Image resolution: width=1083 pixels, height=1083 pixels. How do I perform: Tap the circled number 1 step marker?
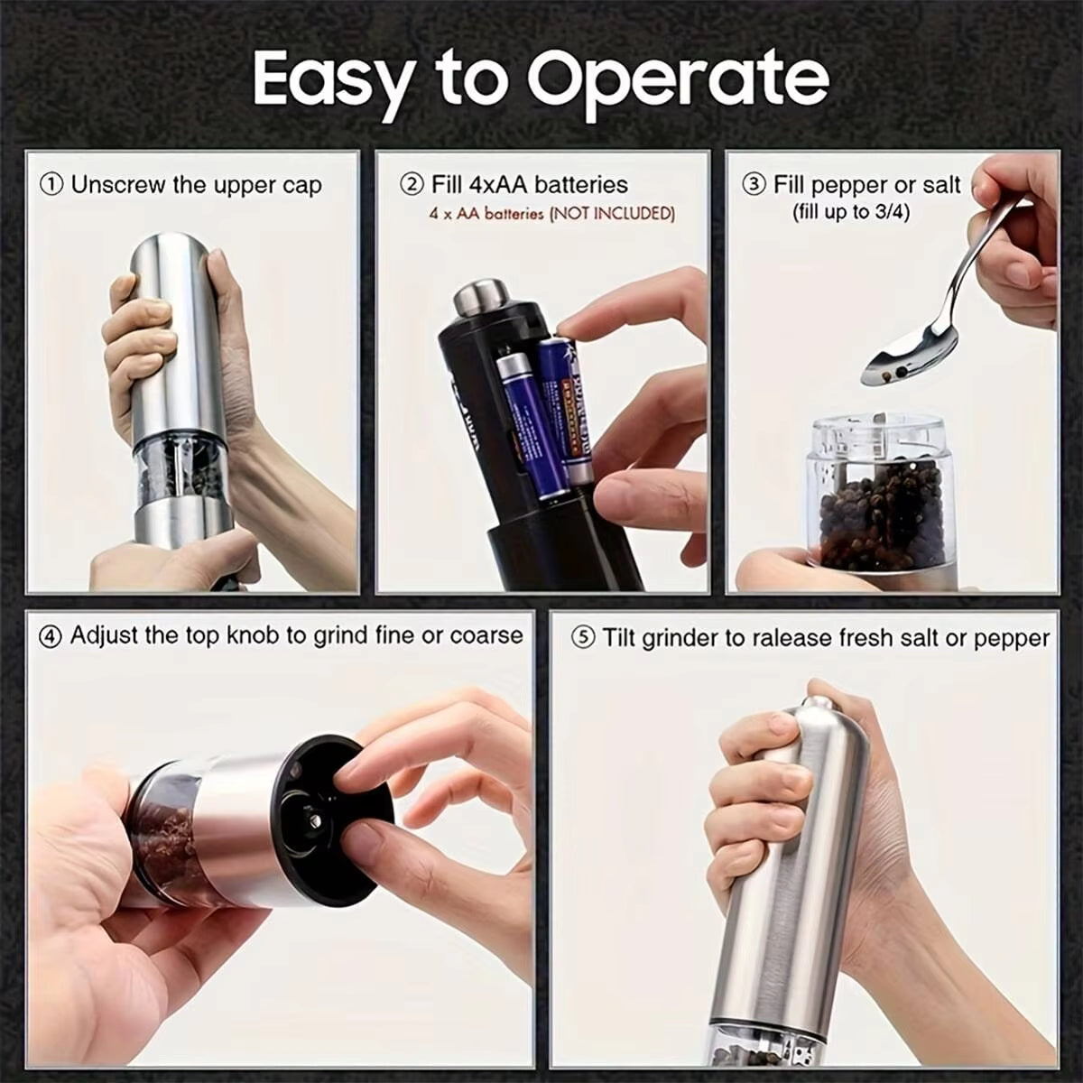click(x=52, y=186)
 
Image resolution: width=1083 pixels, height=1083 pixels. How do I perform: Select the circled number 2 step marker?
click(x=412, y=185)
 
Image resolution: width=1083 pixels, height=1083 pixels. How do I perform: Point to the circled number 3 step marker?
click(x=754, y=186)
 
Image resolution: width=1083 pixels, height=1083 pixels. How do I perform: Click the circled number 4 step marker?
click(x=51, y=636)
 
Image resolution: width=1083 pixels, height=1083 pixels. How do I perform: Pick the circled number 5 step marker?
click(x=584, y=639)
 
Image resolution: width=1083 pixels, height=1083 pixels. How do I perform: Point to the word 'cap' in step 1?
click(x=302, y=186)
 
